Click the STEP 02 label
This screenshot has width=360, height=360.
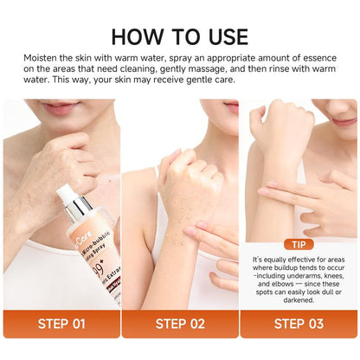coord(179,325)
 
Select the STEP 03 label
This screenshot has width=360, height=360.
coord(298,325)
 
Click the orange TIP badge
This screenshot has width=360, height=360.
coord(298,245)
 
